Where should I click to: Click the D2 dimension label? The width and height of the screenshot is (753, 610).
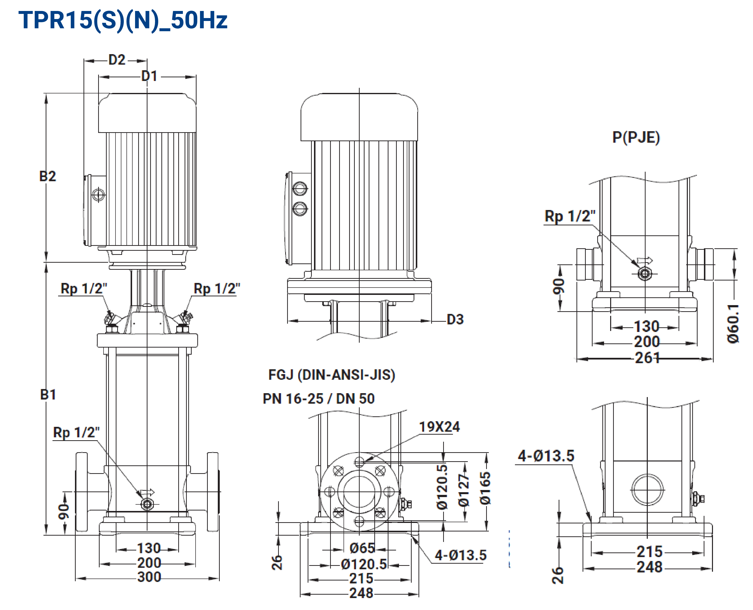pyautogui.click(x=117, y=60)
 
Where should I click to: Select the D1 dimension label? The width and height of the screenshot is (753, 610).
pyautogui.click(x=149, y=76)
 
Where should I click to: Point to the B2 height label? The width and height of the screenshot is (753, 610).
pyautogui.click(x=47, y=176)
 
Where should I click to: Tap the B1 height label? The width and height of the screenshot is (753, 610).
pyautogui.click(x=48, y=395)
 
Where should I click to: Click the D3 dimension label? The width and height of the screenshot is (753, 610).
pyautogui.click(x=455, y=320)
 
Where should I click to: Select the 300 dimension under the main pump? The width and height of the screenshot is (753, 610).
pyautogui.click(x=149, y=577)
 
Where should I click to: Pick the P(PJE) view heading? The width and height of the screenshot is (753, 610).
pyautogui.click(x=636, y=137)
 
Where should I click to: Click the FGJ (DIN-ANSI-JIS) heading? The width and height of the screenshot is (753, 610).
pyautogui.click(x=332, y=375)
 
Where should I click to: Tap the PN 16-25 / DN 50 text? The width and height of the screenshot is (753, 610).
pyautogui.click(x=319, y=399)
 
